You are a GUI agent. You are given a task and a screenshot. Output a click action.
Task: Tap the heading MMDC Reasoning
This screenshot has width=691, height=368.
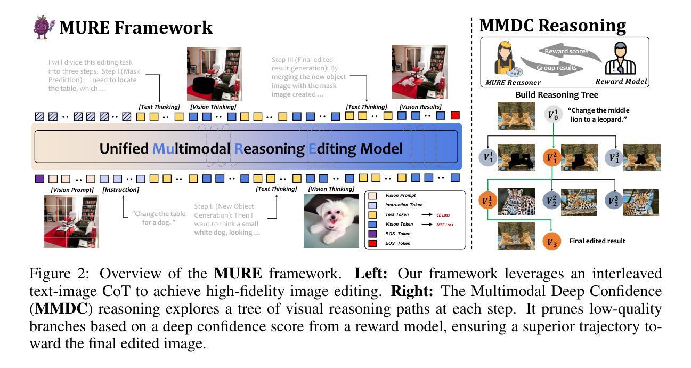coord(552,26)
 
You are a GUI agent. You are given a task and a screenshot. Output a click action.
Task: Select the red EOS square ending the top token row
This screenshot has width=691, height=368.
coord(454,116)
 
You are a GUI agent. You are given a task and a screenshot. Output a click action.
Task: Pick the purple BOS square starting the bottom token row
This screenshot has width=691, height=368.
coord(39,179)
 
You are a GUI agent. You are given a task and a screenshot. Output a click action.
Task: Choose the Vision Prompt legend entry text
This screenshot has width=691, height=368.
coord(401,195)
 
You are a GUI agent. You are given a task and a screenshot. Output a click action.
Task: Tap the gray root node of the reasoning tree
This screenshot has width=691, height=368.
coord(552,114)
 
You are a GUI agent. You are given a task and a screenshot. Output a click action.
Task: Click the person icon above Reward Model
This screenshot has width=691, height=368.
coord(619,58)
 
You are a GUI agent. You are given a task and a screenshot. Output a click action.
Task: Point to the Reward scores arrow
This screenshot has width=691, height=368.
coord(566,51)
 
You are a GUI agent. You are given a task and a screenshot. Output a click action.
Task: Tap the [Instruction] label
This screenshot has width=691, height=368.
coord(120,190)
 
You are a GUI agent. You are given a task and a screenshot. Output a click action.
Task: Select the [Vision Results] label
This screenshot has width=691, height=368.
coord(420,107)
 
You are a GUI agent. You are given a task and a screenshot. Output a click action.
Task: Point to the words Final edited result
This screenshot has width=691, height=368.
coord(597,241)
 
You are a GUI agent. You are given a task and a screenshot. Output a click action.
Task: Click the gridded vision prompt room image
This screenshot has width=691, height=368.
coord(71,221)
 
